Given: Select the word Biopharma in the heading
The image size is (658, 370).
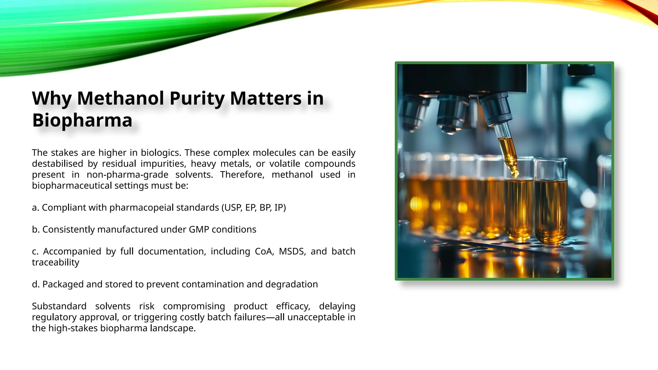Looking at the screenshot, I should click(82, 120).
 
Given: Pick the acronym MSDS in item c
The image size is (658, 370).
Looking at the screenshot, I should click(291, 251).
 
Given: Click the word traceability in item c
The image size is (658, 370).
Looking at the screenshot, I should click(56, 262).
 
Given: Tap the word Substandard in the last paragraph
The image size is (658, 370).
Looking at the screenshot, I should click(59, 306).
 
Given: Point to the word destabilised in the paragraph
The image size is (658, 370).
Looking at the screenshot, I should click(58, 163).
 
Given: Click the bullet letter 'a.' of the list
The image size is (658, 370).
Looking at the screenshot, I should click(36, 207).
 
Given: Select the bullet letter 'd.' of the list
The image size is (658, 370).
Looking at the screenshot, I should click(36, 284).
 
